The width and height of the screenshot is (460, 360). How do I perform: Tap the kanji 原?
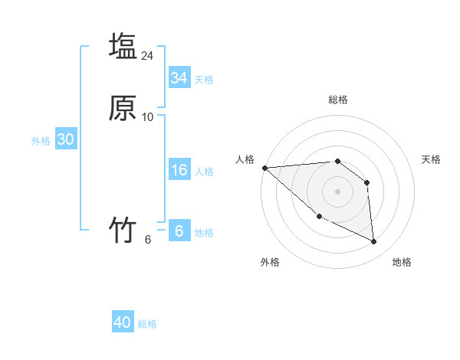click(123, 108)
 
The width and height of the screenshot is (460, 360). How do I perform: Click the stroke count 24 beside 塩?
click(148, 56)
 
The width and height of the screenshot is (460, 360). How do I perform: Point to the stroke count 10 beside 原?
click(148, 117)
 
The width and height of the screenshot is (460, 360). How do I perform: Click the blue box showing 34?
click(179, 78)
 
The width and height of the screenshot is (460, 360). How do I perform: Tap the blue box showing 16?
click(179, 171)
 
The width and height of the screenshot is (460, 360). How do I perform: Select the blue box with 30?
click(65, 139)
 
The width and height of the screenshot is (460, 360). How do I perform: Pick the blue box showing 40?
click(123, 322)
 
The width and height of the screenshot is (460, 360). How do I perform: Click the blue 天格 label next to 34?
click(204, 80)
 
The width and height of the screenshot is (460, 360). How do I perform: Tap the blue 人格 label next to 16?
click(204, 172)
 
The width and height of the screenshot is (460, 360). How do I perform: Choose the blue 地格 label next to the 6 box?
click(204, 233)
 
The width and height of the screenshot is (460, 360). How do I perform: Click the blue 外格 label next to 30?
click(41, 141)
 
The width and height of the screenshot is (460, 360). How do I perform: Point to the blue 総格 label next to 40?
click(147, 324)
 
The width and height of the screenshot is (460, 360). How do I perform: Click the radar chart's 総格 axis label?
click(338, 100)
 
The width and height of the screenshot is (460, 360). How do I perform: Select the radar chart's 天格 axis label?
click(431, 159)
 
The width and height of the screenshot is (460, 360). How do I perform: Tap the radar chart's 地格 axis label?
click(402, 263)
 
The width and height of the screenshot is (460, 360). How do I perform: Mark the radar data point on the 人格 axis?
click(264, 168)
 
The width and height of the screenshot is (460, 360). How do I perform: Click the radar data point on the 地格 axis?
click(374, 241)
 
